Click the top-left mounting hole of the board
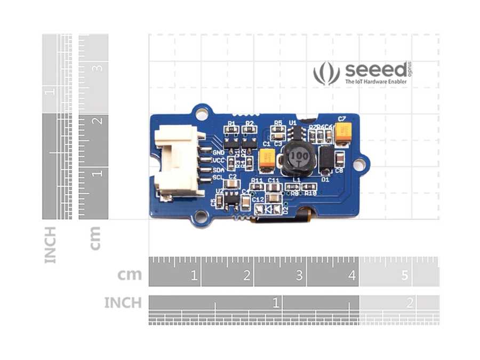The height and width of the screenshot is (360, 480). coord(202,113)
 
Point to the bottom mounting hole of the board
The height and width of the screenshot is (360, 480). coord(201,216)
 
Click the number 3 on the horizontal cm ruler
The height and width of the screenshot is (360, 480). coord(299,276)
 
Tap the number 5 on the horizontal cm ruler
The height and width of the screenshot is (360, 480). coord(404,276)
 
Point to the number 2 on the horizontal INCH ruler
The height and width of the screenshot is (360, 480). coord(410,303)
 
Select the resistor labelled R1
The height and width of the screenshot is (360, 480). coord(231,131)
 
